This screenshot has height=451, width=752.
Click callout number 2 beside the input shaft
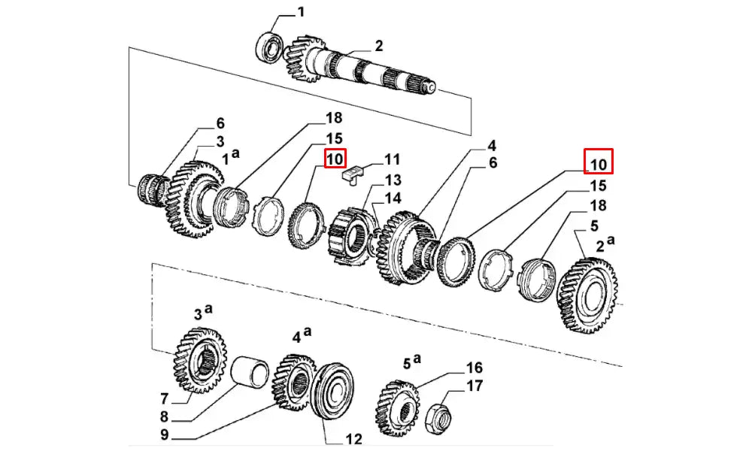coord(379,46)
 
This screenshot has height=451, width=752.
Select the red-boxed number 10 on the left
coord(335,159)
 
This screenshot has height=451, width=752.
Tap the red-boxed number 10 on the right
coord(599,162)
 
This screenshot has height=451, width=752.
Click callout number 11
coord(392,159)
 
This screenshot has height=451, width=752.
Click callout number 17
coord(474,387)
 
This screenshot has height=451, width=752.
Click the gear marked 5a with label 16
coord(396,407)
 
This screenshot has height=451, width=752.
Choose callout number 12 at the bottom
coord(354,438)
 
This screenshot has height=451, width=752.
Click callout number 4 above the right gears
coord(491,145)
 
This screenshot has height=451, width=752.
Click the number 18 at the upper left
coord(334,118)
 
